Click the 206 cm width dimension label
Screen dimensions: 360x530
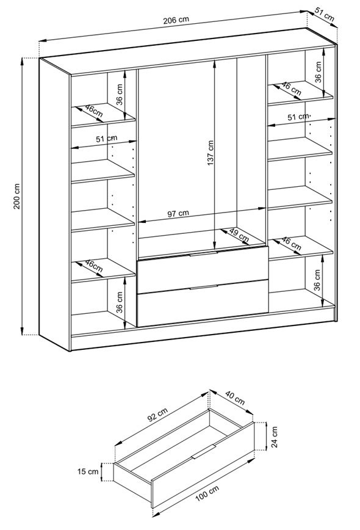tap(176, 20)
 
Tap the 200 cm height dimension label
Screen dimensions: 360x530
tap(17, 197)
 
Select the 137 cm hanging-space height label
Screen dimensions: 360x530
tap(211, 153)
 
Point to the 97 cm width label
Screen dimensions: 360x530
tap(178, 214)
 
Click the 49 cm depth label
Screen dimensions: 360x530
tap(239, 235)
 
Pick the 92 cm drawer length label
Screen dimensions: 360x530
tap(157, 415)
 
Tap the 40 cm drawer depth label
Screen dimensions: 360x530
tap(234, 398)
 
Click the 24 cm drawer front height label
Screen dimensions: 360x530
tap(274, 437)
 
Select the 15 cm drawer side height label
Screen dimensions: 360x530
tap(88, 471)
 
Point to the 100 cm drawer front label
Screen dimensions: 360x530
tap(207, 493)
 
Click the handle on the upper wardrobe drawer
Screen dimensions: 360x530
tap(204, 253)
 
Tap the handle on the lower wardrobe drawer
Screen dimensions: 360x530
tap(204, 288)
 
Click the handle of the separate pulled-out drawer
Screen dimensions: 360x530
tap(203, 452)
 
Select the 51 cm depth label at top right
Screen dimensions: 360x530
tap(325, 14)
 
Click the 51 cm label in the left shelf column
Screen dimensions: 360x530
tap(106, 139)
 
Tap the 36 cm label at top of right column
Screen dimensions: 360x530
tap(318, 72)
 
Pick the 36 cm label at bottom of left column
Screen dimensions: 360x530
tap(119, 302)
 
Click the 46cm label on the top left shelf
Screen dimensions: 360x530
tap(93, 111)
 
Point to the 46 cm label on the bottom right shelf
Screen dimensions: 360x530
tap(291, 244)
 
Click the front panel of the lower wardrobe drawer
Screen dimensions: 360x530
tap(203, 302)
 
